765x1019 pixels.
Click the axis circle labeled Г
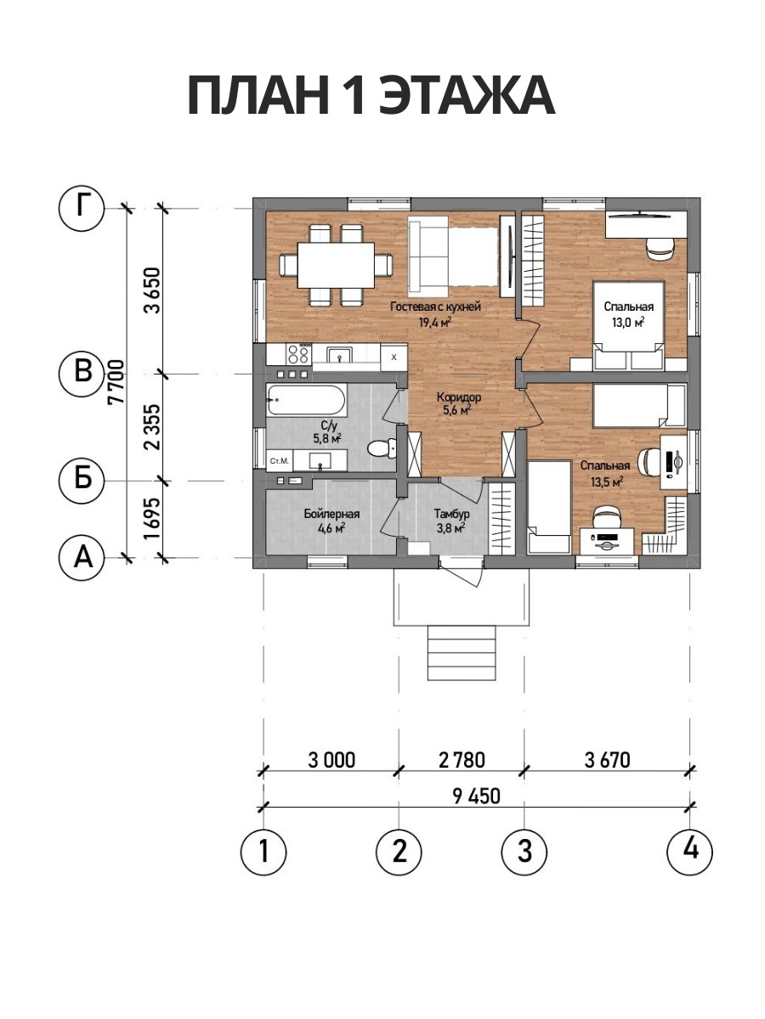click(82, 208)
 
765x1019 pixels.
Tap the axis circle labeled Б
click(82, 481)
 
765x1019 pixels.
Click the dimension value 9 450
click(477, 797)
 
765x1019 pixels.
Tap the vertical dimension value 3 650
click(152, 290)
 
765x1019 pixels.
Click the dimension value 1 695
click(152, 519)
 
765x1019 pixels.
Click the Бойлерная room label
click(332, 514)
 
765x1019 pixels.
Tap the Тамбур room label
click(452, 514)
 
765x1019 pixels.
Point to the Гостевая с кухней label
click(435, 307)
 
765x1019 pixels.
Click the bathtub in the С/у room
click(306, 399)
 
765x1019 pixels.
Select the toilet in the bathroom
click(381, 448)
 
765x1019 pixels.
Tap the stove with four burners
click(299, 354)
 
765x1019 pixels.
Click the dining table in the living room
click(336, 265)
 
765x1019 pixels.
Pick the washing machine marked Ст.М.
click(280, 461)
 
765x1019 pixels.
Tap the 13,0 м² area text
click(628, 323)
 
